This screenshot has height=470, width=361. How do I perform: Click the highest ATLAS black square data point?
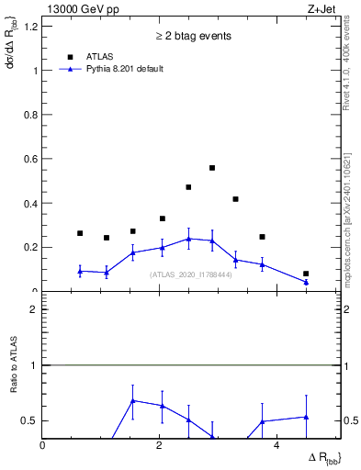(212, 168)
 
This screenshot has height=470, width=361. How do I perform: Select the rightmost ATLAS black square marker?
(306, 274)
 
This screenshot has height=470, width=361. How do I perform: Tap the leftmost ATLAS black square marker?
(80, 233)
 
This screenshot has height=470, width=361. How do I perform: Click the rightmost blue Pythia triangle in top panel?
(306, 282)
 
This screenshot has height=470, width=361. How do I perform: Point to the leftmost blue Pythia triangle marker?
(80, 271)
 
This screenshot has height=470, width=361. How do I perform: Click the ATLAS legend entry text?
(100, 55)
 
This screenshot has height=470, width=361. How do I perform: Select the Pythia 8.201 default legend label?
(125, 69)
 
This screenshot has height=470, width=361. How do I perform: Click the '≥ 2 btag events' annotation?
(192, 36)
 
